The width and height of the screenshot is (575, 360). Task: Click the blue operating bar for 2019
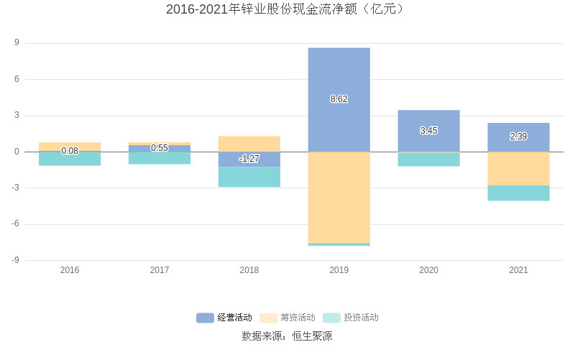pyautogui.click(x=339, y=72)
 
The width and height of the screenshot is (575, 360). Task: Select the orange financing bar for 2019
pyautogui.click(x=339, y=198)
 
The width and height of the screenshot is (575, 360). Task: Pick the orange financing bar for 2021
pyautogui.click(x=518, y=169)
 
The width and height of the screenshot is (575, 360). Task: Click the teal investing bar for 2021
pyautogui.click(x=518, y=193)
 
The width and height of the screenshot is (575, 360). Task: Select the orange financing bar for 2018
pyautogui.click(x=249, y=144)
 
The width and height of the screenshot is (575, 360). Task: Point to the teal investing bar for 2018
pyautogui.click(x=249, y=177)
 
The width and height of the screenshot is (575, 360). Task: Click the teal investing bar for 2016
pyautogui.click(x=70, y=160)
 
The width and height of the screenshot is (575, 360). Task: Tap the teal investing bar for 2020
pyautogui.click(x=428, y=159)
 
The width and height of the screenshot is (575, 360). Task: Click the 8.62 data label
pyautogui.click(x=339, y=99)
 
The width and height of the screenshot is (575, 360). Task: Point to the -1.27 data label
pyautogui.click(x=249, y=159)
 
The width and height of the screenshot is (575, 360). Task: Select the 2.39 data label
pyautogui.click(x=518, y=137)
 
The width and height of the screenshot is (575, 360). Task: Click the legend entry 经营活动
pyautogui.click(x=224, y=318)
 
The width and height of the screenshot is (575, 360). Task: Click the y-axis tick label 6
pyautogui.click(x=16, y=79)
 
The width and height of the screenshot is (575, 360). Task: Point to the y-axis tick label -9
pyautogui.click(x=14, y=260)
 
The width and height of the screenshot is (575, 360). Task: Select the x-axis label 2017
pyautogui.click(x=160, y=270)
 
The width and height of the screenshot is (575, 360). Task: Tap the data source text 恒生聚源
pyautogui.click(x=312, y=336)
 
